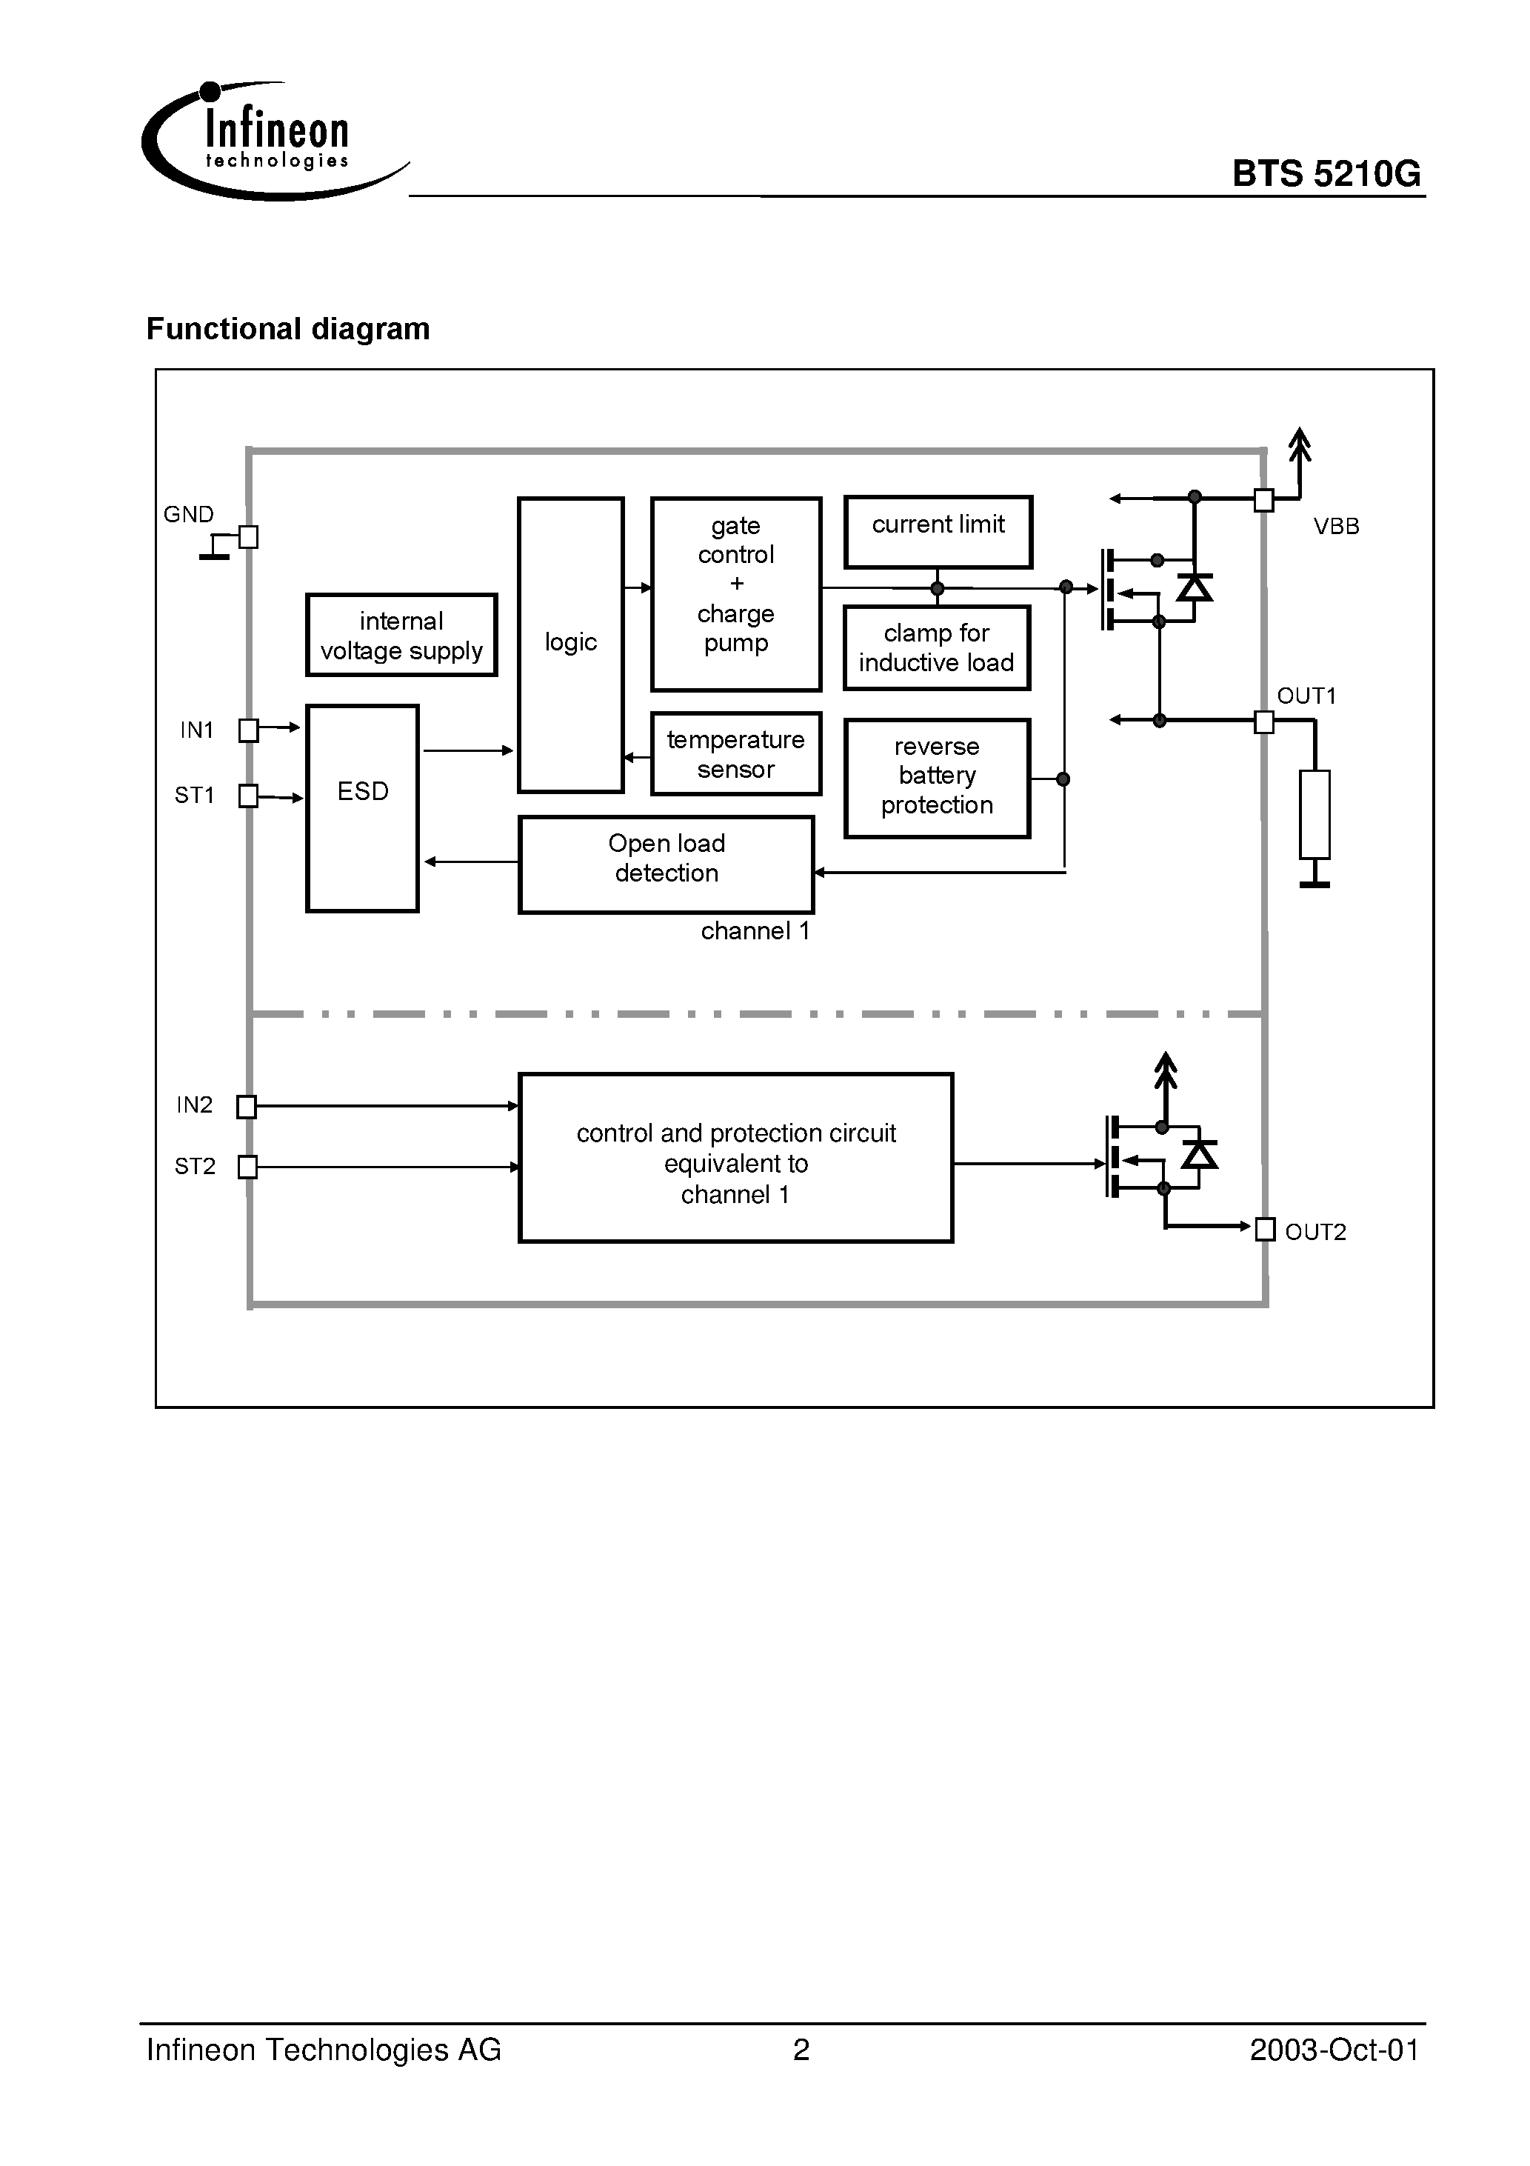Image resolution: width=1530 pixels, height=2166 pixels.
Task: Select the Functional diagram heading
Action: (287, 328)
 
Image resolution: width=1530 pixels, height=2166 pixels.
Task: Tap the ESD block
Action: (362, 807)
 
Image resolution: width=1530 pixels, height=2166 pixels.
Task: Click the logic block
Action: (571, 644)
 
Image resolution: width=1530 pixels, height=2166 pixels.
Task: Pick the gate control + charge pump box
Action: (736, 593)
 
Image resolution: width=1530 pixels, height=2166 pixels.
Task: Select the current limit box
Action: (938, 532)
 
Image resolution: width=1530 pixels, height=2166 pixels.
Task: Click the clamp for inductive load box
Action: (936, 648)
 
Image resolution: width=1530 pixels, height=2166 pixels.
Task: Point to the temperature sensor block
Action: (736, 754)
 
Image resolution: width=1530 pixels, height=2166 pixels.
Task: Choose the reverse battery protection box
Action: (937, 777)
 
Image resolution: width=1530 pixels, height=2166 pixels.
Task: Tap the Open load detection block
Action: (666, 864)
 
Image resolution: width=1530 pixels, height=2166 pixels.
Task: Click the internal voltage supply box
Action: (401, 635)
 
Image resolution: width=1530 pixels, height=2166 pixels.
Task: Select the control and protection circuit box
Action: (736, 1158)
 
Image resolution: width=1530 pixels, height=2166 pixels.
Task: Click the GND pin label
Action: (189, 514)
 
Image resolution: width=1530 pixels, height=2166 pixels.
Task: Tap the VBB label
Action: (1336, 527)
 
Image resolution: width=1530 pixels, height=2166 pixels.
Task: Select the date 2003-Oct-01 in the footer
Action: (1333, 2050)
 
